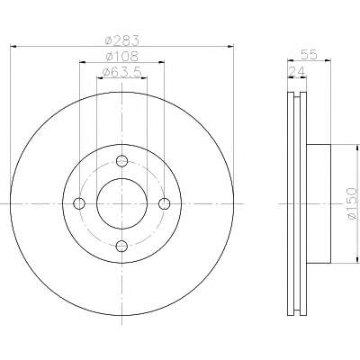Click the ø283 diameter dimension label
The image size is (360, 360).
coord(122,40)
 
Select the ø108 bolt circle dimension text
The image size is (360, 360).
coord(122,56)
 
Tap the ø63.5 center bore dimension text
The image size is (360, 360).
coord(121,72)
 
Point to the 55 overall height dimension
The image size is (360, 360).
coord(309,55)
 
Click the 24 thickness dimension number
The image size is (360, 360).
coord(296,72)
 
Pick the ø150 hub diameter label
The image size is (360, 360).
coord(352,203)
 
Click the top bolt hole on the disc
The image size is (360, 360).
coord(121,161)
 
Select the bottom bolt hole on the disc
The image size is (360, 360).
coord(121,247)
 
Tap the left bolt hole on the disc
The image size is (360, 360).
coord(79,203)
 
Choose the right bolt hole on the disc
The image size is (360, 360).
coord(165,203)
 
